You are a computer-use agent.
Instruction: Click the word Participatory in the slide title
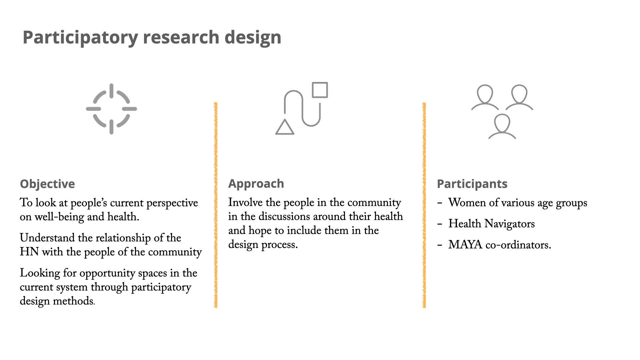click(80, 37)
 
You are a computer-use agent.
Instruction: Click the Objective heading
click(47, 184)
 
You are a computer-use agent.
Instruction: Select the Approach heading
click(256, 184)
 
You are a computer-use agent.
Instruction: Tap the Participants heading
click(472, 184)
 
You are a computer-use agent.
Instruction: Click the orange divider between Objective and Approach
click(216, 205)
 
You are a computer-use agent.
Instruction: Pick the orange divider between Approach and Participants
click(424, 205)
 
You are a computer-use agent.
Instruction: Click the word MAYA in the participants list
click(465, 245)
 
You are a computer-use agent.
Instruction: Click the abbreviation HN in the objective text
click(29, 252)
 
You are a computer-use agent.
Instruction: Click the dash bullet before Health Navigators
click(440, 224)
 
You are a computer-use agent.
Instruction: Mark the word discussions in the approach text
click(302, 216)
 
